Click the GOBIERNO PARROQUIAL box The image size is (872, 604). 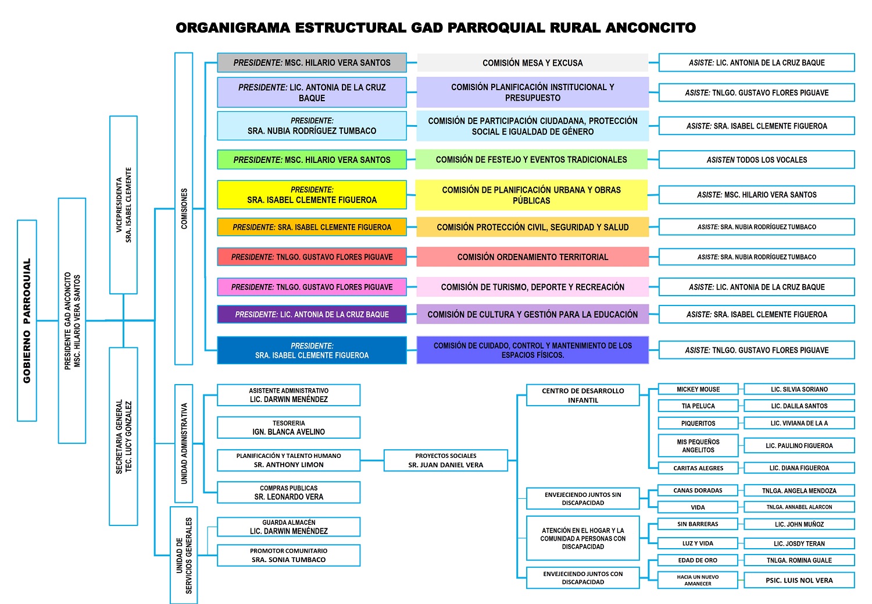[x=27, y=321]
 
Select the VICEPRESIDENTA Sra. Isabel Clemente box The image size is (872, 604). [x=123, y=205]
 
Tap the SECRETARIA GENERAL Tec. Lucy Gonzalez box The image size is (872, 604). [x=123, y=436]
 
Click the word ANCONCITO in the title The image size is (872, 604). [x=651, y=27]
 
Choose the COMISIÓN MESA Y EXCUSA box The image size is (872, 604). [x=533, y=63]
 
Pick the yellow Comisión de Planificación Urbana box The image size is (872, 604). [x=531, y=195]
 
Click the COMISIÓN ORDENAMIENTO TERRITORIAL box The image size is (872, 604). [x=533, y=257]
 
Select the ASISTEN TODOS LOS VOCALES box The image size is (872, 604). [x=756, y=159]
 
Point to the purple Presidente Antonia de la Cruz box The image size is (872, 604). [x=312, y=314]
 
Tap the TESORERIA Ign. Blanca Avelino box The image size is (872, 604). [x=288, y=428]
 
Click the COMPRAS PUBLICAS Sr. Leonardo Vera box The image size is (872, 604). [x=288, y=492]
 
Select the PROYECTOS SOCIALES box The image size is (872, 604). [x=446, y=460]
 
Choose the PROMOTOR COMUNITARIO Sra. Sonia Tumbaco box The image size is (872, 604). [x=288, y=555]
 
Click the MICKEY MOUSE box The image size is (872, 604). [x=698, y=389]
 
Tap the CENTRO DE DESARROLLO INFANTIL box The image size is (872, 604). [x=582, y=395]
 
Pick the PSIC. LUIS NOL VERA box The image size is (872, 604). [x=799, y=580]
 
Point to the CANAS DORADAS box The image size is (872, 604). [x=698, y=491]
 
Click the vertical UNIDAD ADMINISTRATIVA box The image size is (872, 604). [x=184, y=443]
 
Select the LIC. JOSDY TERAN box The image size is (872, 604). [x=799, y=543]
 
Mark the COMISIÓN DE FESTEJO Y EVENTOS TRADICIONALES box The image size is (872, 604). [x=531, y=159]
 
